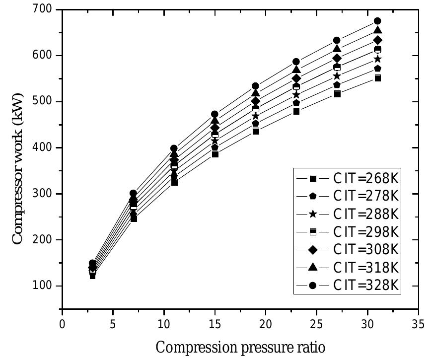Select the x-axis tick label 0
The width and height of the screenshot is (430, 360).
62,324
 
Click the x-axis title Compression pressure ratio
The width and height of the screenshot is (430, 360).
241,347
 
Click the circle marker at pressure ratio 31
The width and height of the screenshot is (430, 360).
377,21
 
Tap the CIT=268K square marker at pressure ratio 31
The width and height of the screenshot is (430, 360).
377,78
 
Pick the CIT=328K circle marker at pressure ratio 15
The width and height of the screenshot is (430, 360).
215,114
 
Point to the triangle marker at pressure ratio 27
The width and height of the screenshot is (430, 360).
337,49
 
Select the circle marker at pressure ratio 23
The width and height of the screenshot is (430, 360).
296,62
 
